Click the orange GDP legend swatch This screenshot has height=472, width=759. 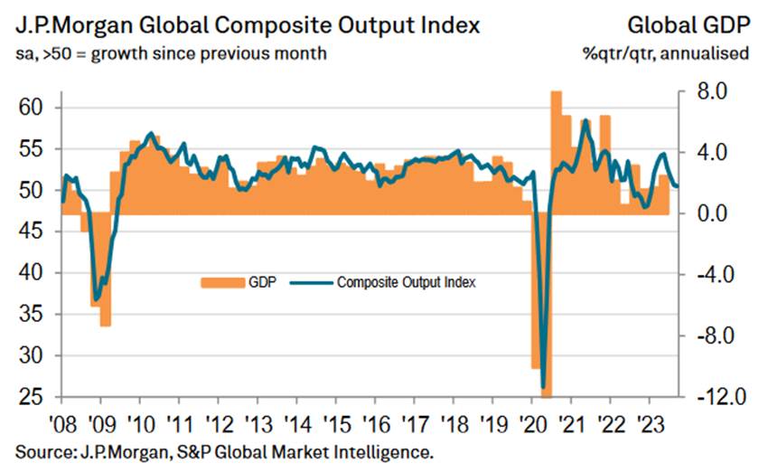pyautogui.click(x=221, y=282)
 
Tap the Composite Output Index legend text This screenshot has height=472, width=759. pyautogui.click(x=406, y=282)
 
